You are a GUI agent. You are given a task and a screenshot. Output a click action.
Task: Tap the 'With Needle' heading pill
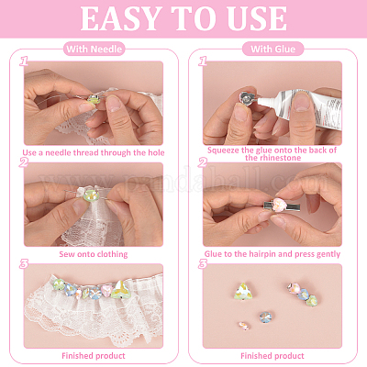point(94,49)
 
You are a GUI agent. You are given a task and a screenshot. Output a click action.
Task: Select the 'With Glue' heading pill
point(272,49)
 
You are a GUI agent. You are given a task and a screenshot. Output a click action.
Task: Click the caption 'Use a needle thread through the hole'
point(94,152)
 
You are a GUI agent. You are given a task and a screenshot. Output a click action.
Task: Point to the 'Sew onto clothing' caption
point(94,254)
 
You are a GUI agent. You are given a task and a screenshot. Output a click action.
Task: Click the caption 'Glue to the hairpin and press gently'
point(272,254)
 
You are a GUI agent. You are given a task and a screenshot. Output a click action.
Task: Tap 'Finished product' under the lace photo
point(94,356)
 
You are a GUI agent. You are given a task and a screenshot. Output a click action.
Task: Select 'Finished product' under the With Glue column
point(272,356)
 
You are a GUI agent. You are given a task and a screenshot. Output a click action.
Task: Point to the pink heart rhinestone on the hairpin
point(280,205)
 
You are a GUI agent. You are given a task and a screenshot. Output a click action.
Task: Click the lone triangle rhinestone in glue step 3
point(242,291)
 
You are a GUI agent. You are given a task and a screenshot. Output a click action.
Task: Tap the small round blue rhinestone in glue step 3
point(265,317)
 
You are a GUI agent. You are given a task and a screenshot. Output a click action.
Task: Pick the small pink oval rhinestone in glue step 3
point(244,326)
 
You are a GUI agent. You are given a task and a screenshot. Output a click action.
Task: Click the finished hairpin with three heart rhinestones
point(302,294)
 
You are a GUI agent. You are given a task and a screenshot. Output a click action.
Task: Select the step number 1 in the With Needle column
point(24,61)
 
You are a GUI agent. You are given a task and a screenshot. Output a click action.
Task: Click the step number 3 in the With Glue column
point(203,264)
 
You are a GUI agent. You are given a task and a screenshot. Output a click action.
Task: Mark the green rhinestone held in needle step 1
point(93,99)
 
